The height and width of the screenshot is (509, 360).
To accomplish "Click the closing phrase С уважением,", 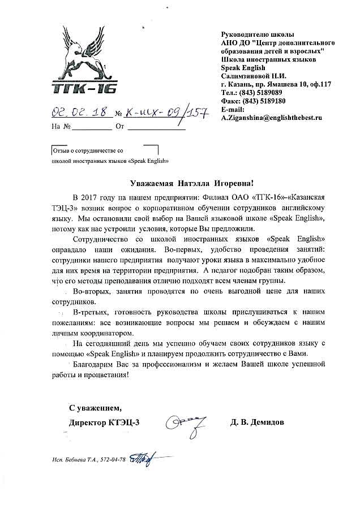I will pos(95,407).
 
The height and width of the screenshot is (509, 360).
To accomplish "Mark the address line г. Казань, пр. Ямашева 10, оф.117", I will pos(276,84).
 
